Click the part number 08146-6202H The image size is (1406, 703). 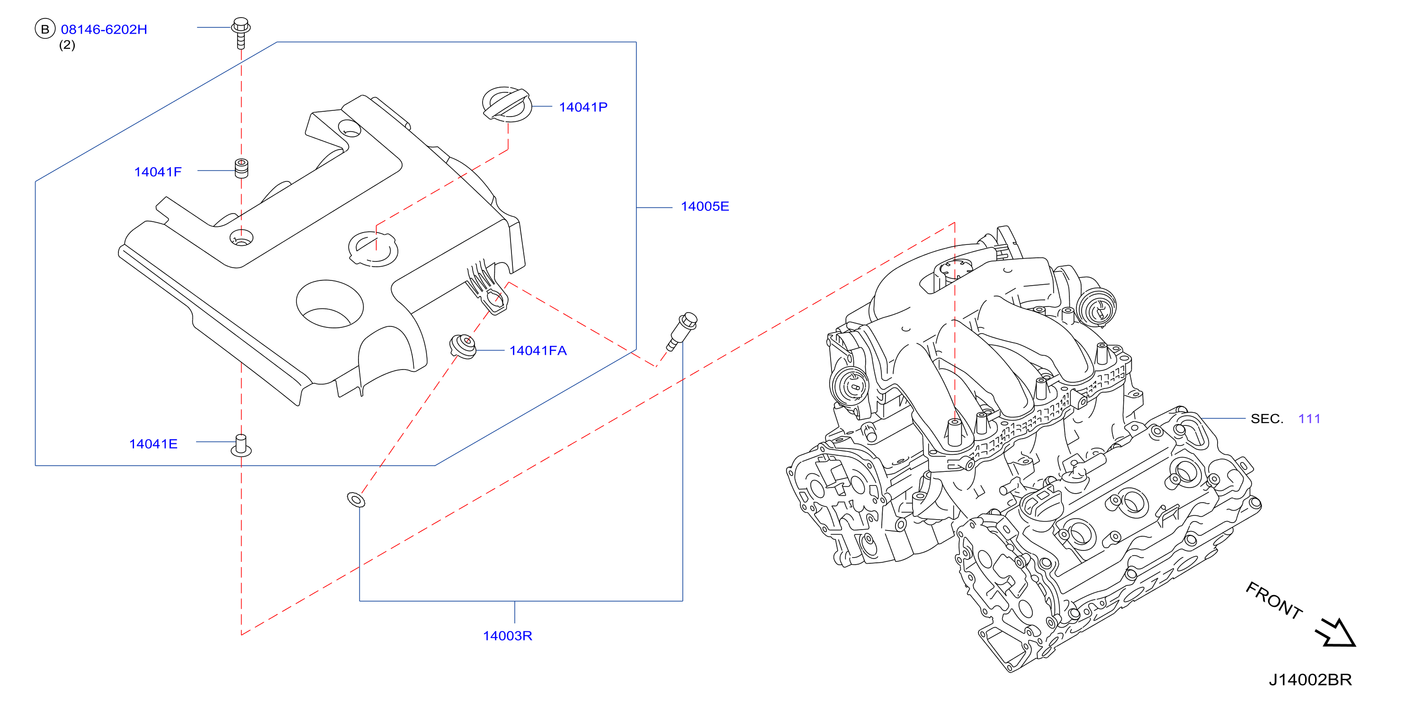pyautogui.click(x=104, y=29)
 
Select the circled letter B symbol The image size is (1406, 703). pyautogui.click(x=45, y=29)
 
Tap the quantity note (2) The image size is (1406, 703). pyautogui.click(x=67, y=45)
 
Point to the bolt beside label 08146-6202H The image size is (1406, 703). pyautogui.click(x=241, y=33)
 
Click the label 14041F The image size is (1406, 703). pyautogui.click(x=158, y=172)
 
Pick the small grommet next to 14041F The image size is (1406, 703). pyautogui.click(x=241, y=168)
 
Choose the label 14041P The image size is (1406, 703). pyautogui.click(x=583, y=107)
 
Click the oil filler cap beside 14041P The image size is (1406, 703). pyautogui.click(x=507, y=103)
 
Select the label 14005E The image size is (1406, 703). pyautogui.click(x=705, y=207)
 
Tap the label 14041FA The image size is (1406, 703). pyautogui.click(x=537, y=351)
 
